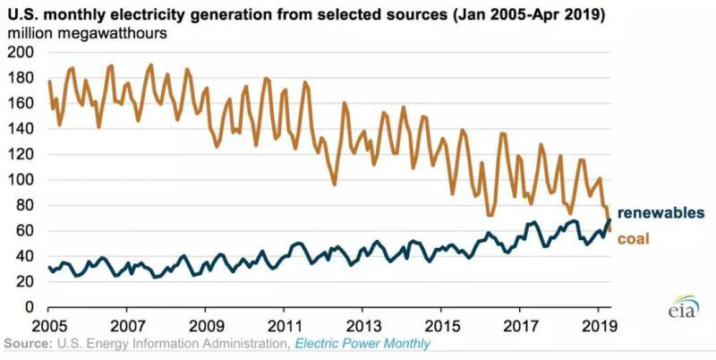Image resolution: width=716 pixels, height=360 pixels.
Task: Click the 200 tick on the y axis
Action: click(20, 52)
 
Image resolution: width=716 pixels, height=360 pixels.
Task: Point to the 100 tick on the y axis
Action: click(20, 179)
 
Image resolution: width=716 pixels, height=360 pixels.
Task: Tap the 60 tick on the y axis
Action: click(23, 230)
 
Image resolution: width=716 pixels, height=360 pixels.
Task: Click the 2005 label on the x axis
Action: click(48, 323)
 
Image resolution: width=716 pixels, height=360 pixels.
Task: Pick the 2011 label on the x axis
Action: click(284, 323)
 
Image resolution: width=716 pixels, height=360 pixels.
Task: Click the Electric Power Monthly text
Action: click(363, 344)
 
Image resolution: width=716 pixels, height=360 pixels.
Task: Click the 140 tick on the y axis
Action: click(20, 128)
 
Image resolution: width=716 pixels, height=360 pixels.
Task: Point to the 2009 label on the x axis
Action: click(206, 323)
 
